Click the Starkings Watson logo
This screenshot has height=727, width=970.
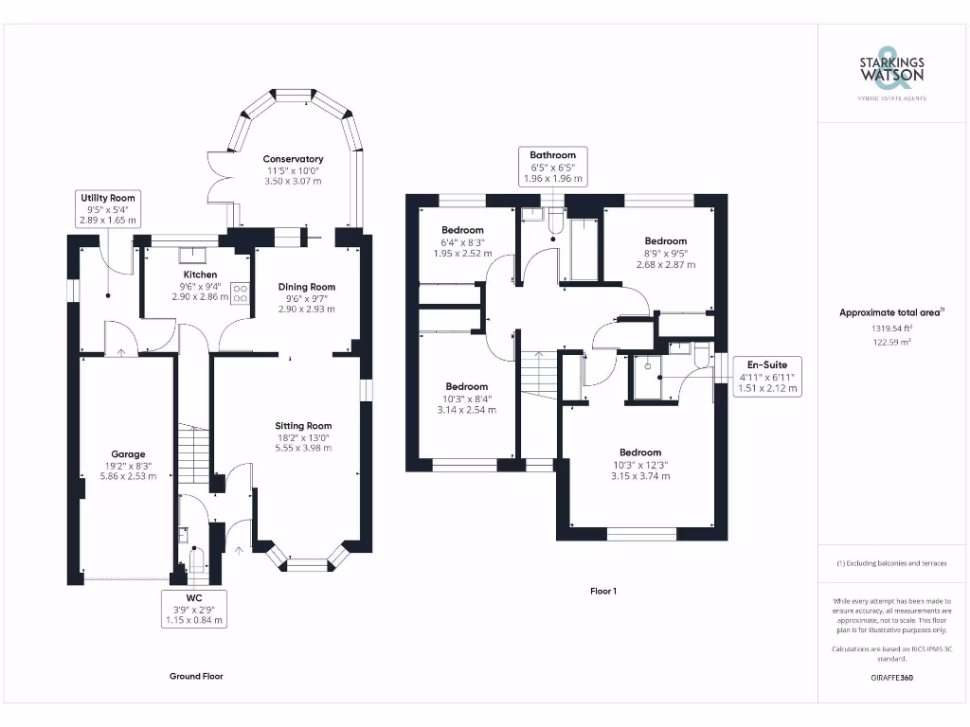tap(891, 70)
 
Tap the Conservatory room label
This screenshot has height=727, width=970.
tap(293, 159)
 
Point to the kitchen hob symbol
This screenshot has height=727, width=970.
tap(240, 293)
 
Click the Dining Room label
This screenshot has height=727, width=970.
tap(306, 287)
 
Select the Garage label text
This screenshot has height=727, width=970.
tap(128, 454)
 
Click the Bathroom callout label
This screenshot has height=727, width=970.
tap(552, 167)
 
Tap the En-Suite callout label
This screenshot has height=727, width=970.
tap(767, 375)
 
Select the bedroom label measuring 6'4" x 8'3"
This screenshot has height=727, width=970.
tap(463, 230)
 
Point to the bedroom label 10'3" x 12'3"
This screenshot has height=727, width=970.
tap(640, 452)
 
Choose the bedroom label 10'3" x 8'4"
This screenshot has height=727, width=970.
tap(467, 386)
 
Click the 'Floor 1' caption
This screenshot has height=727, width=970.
tap(603, 592)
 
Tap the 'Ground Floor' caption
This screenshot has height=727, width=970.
tap(196, 676)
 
